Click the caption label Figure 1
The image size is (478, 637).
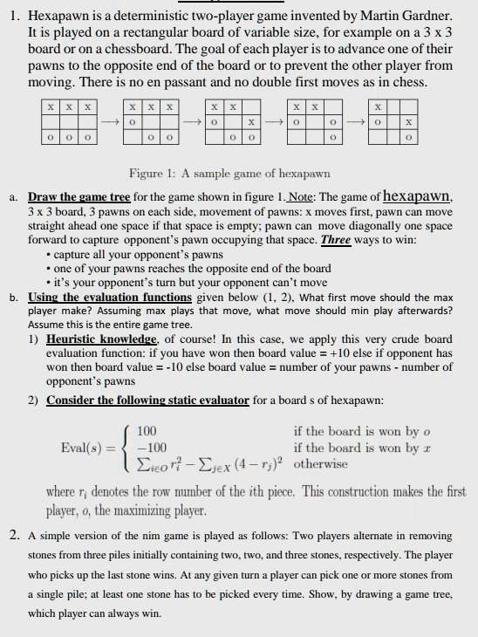click(152, 174)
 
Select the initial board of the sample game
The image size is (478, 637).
click(69, 122)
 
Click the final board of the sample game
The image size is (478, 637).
click(393, 122)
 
